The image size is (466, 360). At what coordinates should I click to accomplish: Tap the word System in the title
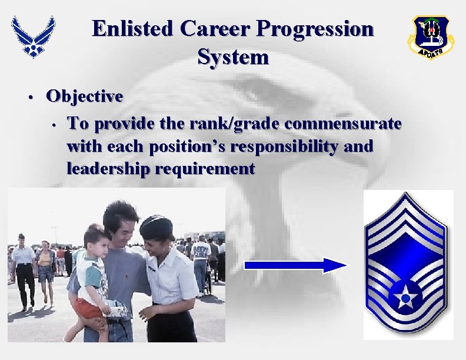coord(233,57)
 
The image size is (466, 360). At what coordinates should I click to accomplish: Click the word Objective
coord(85,96)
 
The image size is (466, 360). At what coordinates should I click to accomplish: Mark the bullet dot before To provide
coord(53,125)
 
